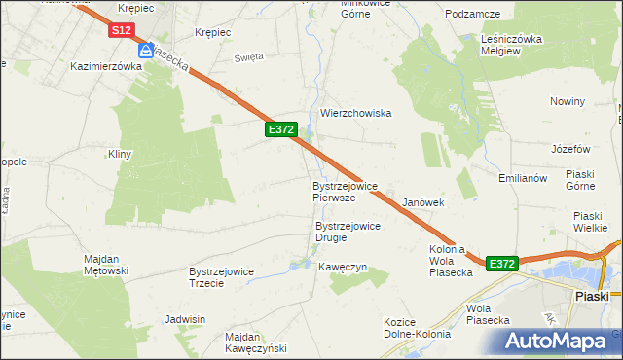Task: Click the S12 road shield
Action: click(121, 31)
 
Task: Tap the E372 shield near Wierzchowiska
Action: click(279, 129)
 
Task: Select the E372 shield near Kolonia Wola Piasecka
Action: click(500, 264)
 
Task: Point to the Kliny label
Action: click(119, 154)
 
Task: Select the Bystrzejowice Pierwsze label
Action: click(345, 191)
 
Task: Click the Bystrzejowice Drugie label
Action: click(347, 232)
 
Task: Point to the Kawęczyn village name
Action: click(342, 267)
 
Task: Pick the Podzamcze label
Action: click(472, 14)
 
